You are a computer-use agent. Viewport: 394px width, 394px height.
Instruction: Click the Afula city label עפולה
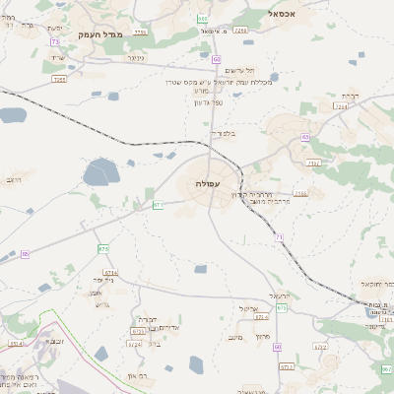click(x=209, y=184)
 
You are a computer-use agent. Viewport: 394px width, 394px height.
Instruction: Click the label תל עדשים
click(x=235, y=70)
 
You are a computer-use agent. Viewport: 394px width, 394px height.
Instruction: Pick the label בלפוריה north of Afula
click(x=224, y=132)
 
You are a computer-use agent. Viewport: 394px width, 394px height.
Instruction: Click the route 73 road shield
click(x=55, y=42)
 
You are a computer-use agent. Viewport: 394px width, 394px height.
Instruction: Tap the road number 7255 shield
click(x=59, y=78)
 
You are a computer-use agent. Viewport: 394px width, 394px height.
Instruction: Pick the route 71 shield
click(x=280, y=237)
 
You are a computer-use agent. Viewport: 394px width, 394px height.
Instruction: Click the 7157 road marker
click(x=313, y=163)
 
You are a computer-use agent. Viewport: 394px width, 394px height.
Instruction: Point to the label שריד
click(x=56, y=57)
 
